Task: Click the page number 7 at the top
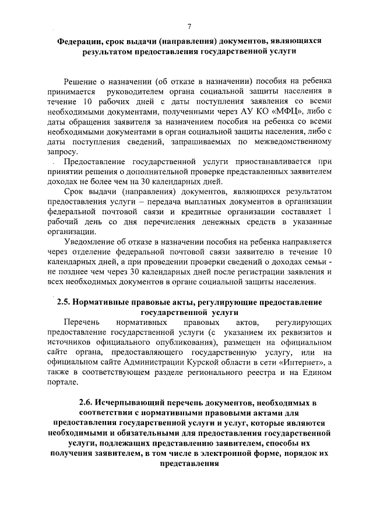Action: (190, 27)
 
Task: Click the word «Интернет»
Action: (299, 362)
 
